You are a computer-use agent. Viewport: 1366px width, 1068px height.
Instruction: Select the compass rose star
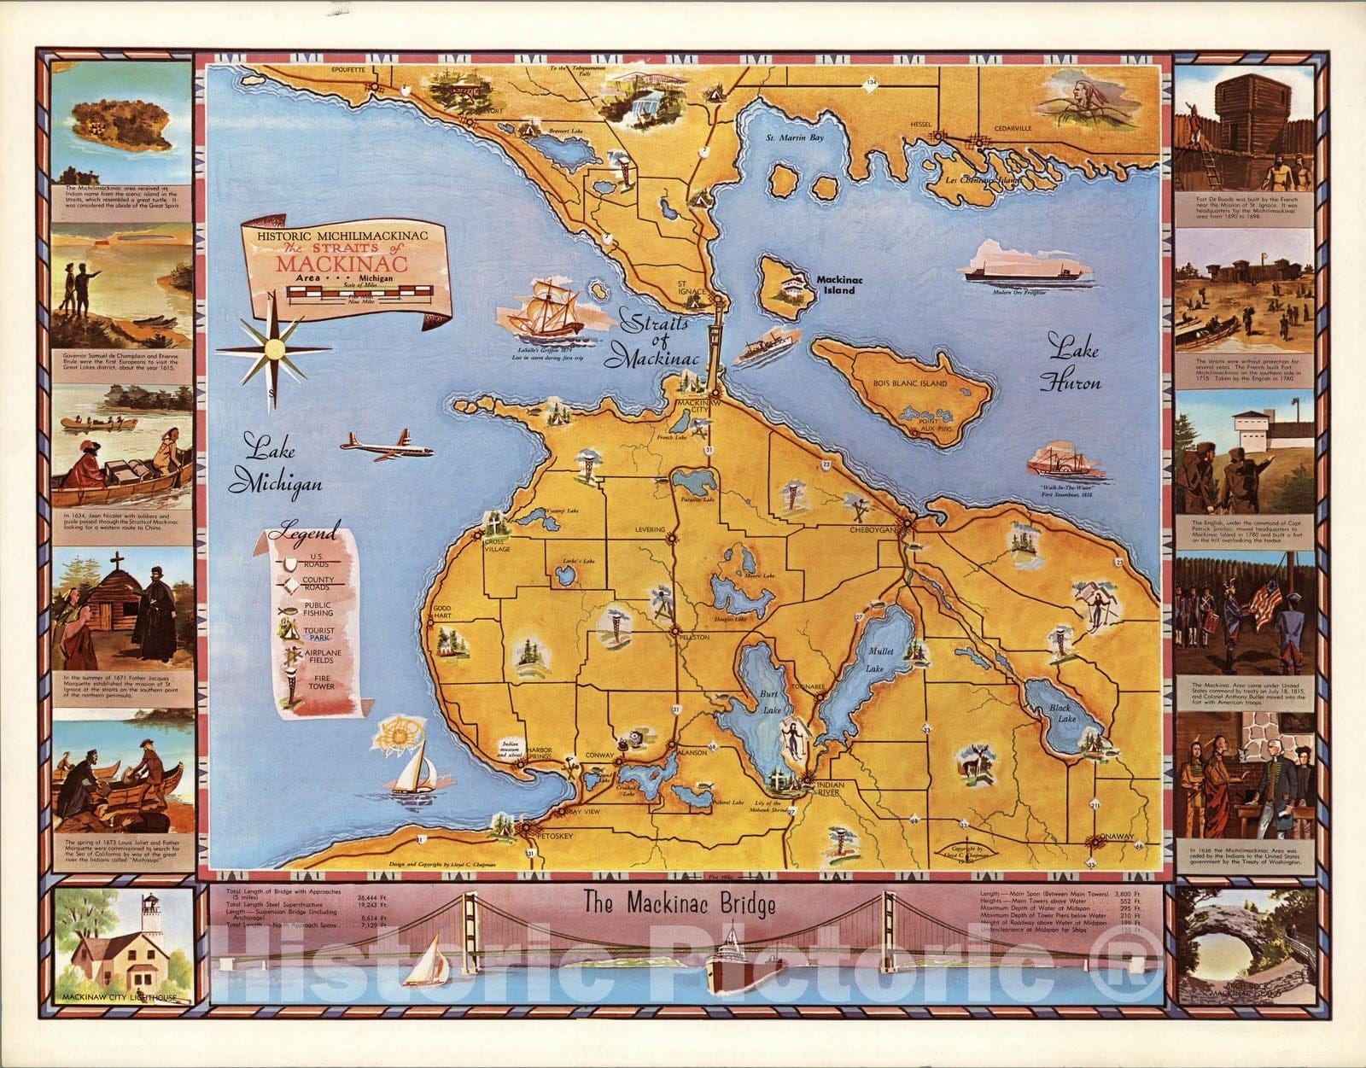pos(272,349)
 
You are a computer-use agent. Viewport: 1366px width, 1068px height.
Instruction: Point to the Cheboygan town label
pos(873,529)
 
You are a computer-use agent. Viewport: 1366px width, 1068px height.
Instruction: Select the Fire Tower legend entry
pos(321,681)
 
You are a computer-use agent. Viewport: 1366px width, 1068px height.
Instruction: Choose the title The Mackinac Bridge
pos(680,902)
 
